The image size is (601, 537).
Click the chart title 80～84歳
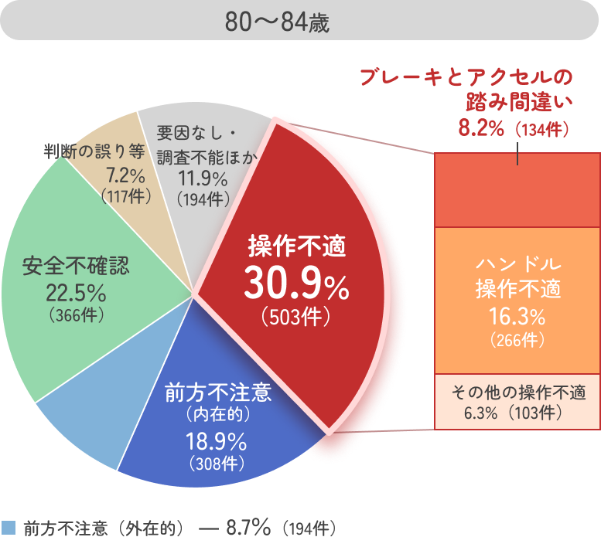(x=278, y=22)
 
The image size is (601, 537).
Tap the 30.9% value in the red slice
(x=296, y=285)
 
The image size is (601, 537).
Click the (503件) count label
(x=296, y=317)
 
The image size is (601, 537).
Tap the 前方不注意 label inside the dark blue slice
(x=218, y=393)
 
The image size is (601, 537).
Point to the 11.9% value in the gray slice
(x=203, y=179)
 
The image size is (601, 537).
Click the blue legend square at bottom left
(x=9, y=527)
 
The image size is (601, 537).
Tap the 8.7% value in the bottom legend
(x=246, y=528)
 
